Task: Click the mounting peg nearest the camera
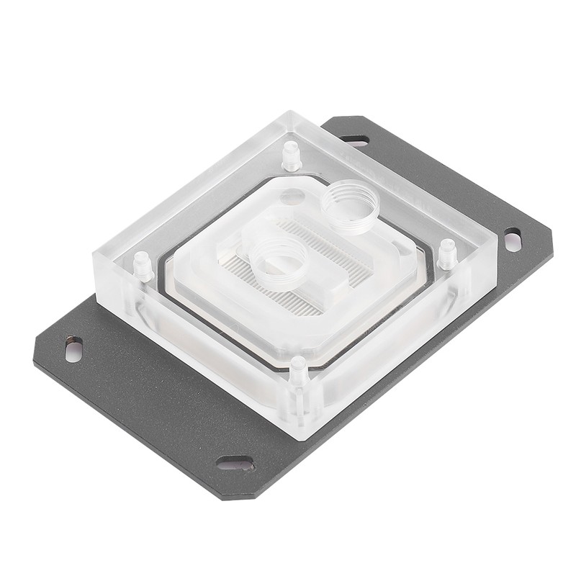[297, 369]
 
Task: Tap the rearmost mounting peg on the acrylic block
[290, 155]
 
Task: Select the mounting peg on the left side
[143, 266]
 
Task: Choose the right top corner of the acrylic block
[497, 245]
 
